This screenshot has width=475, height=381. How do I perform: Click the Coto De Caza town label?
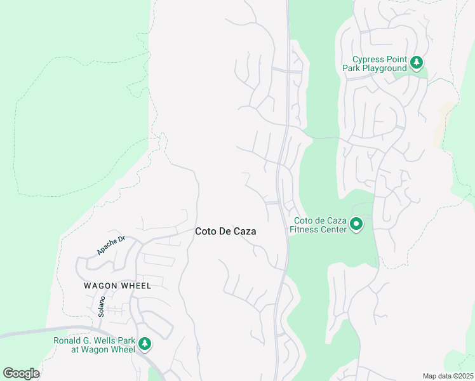[x=225, y=232]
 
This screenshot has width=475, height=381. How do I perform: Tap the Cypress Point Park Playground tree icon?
[x=417, y=62]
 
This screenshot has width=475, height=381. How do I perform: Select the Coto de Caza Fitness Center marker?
[x=356, y=224]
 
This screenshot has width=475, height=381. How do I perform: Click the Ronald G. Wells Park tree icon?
[x=145, y=344]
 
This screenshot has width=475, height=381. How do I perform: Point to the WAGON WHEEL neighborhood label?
[x=117, y=286]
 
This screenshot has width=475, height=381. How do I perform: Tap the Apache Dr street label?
[x=112, y=244]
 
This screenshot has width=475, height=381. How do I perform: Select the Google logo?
[x=21, y=373]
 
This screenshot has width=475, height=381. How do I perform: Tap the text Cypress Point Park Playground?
[x=375, y=63]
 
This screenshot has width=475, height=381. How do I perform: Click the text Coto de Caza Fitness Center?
[x=318, y=225]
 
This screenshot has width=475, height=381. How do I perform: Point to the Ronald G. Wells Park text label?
[x=94, y=344]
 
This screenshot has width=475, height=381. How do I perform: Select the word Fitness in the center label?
[x=304, y=230]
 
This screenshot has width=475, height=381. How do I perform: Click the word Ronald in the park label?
[x=67, y=340]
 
